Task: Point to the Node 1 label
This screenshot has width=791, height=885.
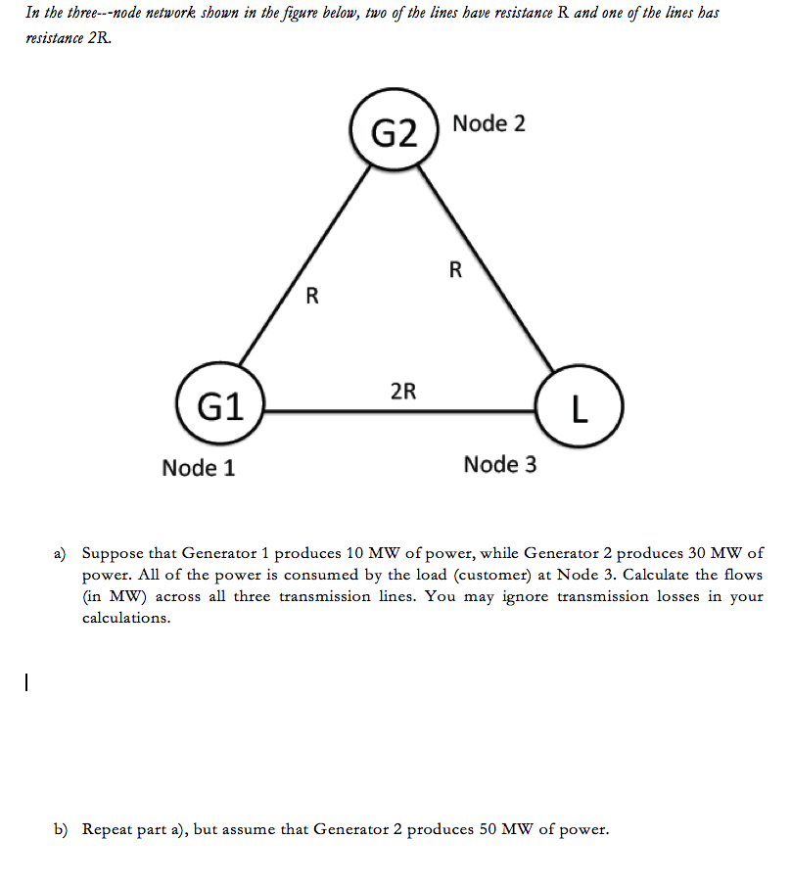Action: tap(199, 468)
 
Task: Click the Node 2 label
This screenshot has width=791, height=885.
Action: tap(489, 124)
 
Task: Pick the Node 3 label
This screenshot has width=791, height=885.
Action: tap(500, 464)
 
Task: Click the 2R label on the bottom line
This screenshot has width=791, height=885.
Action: tap(402, 393)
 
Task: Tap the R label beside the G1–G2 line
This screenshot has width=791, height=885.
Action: tap(311, 294)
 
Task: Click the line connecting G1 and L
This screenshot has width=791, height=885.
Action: tap(401, 411)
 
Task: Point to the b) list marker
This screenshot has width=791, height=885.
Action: tap(61, 829)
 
